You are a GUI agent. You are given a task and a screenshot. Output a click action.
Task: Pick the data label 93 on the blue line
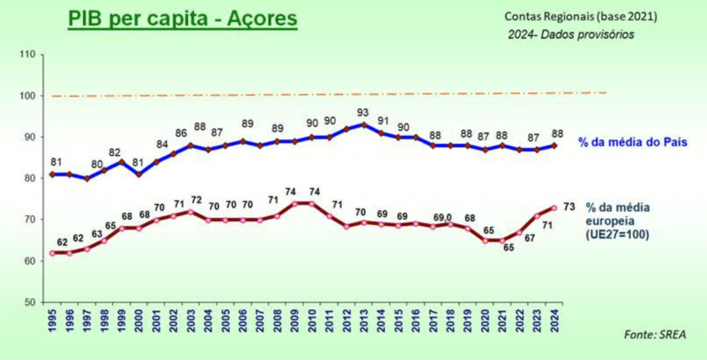(x=364, y=113)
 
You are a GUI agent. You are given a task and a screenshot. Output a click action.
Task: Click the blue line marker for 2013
(x=364, y=125)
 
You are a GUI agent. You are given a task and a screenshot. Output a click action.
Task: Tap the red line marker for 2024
(x=554, y=207)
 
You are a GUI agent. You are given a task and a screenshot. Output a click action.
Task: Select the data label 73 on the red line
(x=569, y=207)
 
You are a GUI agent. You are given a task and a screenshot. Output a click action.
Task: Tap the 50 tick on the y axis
(x=28, y=302)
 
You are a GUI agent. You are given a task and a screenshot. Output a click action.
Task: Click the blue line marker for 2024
(x=554, y=145)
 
